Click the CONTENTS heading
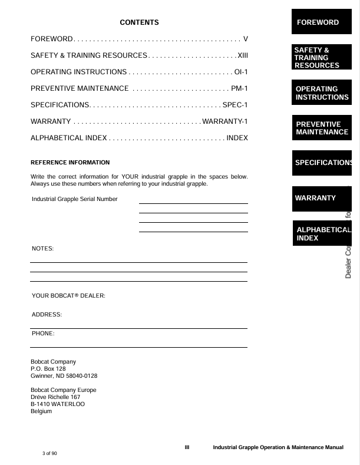coord(139,22)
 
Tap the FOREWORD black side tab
coord(321,22)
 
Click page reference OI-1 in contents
coord(241,72)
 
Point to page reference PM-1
coord(239,88)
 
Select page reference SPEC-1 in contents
coord(235,105)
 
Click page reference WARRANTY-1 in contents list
coord(225,121)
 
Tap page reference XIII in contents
coord(242,55)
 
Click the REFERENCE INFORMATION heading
coord(70,162)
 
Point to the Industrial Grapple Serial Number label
coord(75,199)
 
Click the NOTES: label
coord(42,249)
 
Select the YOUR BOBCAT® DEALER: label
coord(68,295)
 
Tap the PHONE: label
coord(43,334)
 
